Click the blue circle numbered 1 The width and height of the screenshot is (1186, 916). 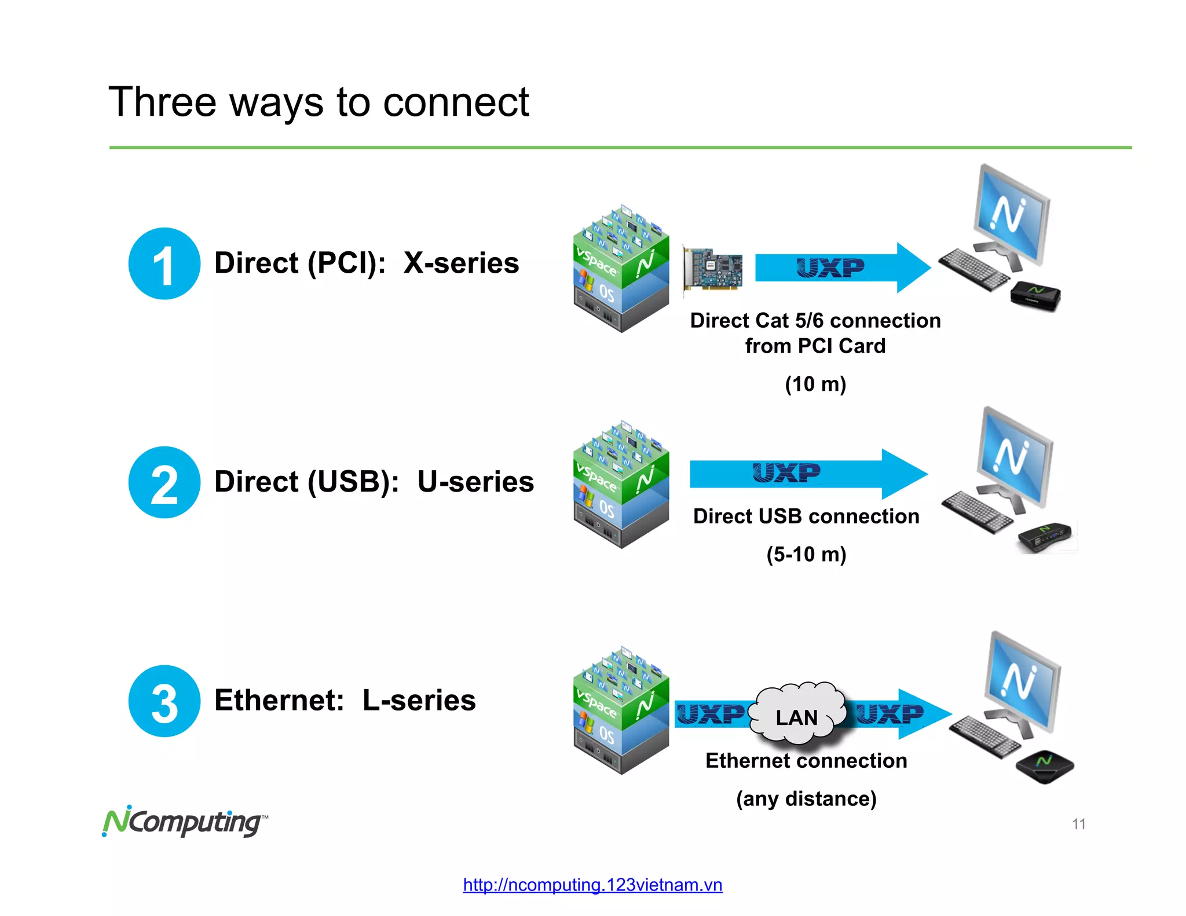click(x=164, y=263)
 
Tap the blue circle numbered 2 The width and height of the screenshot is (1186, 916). click(x=164, y=482)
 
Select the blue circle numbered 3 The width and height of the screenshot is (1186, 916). click(x=164, y=701)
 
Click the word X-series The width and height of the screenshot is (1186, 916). click(x=461, y=263)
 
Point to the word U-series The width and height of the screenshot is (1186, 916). click(x=475, y=482)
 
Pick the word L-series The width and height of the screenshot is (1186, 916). click(x=419, y=701)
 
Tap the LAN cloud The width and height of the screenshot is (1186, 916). click(x=797, y=717)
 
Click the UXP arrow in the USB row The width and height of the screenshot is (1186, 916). click(x=808, y=474)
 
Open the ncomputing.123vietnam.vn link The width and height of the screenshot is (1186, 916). click(x=592, y=885)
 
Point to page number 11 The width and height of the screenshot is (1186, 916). click(x=1078, y=824)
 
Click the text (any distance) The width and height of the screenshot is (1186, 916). click(x=806, y=799)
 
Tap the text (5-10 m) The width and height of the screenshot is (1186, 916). click(x=806, y=554)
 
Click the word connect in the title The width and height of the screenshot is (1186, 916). click(x=456, y=102)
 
